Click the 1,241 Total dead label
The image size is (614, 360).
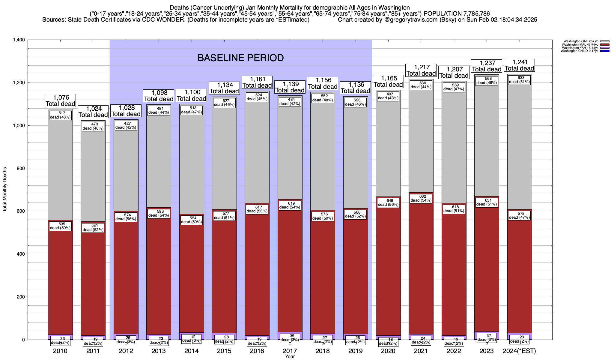pyautogui.click(x=520, y=65)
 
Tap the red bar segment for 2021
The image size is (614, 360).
pyautogui.click(x=421, y=270)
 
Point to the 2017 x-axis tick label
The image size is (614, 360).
pyautogui.click(x=290, y=351)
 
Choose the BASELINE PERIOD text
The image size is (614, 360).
pyautogui.click(x=240, y=58)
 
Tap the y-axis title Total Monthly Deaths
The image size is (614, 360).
pyautogui.click(x=5, y=190)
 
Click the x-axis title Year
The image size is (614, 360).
pyautogui.click(x=290, y=357)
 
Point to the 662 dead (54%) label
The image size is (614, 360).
pyautogui.click(x=421, y=198)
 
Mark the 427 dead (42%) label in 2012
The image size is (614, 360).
pyautogui.click(x=126, y=125)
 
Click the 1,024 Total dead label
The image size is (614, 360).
pyautogui.click(x=93, y=112)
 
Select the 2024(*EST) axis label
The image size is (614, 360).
pyautogui.click(x=519, y=351)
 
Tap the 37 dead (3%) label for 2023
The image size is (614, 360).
pyautogui.click(x=487, y=337)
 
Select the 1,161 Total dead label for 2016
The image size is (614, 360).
pyautogui.click(x=257, y=82)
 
